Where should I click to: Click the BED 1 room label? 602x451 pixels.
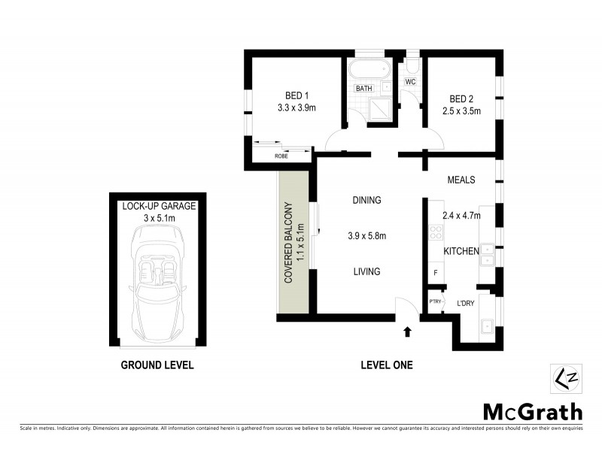(x=296, y=95)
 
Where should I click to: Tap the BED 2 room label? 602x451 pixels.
(x=461, y=99)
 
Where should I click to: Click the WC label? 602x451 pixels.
(x=410, y=81)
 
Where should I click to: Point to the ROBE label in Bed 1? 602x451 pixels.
(x=281, y=156)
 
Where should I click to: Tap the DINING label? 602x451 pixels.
(x=367, y=201)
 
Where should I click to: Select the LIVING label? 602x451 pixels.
(x=367, y=271)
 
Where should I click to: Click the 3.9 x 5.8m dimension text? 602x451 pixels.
(x=367, y=236)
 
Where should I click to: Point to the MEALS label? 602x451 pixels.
(x=461, y=180)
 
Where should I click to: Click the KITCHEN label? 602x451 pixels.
(x=461, y=250)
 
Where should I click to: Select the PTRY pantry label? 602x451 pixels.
(x=434, y=301)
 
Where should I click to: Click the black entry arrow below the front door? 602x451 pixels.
(x=407, y=330)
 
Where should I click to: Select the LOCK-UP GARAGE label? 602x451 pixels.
(x=159, y=206)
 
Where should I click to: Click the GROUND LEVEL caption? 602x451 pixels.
(x=158, y=365)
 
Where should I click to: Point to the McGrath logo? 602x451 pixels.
(x=532, y=411)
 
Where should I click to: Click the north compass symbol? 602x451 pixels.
(x=566, y=378)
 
